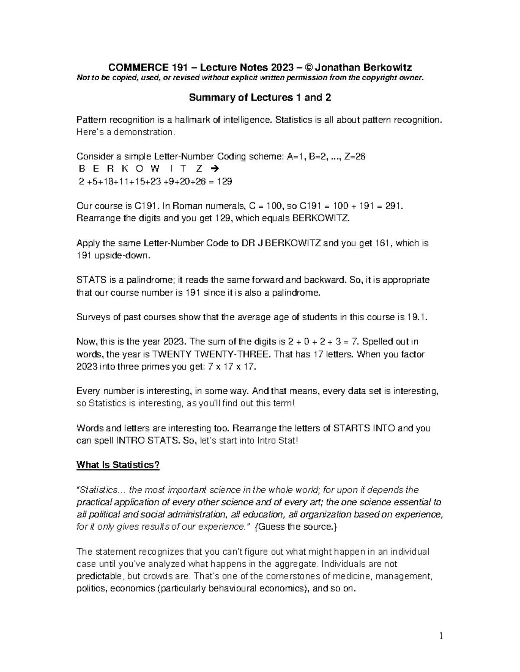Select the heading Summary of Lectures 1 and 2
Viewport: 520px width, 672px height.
260,97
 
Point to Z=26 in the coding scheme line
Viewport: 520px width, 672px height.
354,157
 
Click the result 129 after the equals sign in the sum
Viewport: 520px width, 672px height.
224,181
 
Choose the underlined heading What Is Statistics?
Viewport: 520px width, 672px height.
118,465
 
